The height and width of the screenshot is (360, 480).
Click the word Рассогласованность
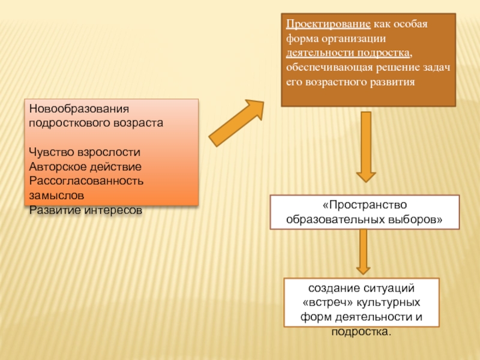click(x=86, y=181)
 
